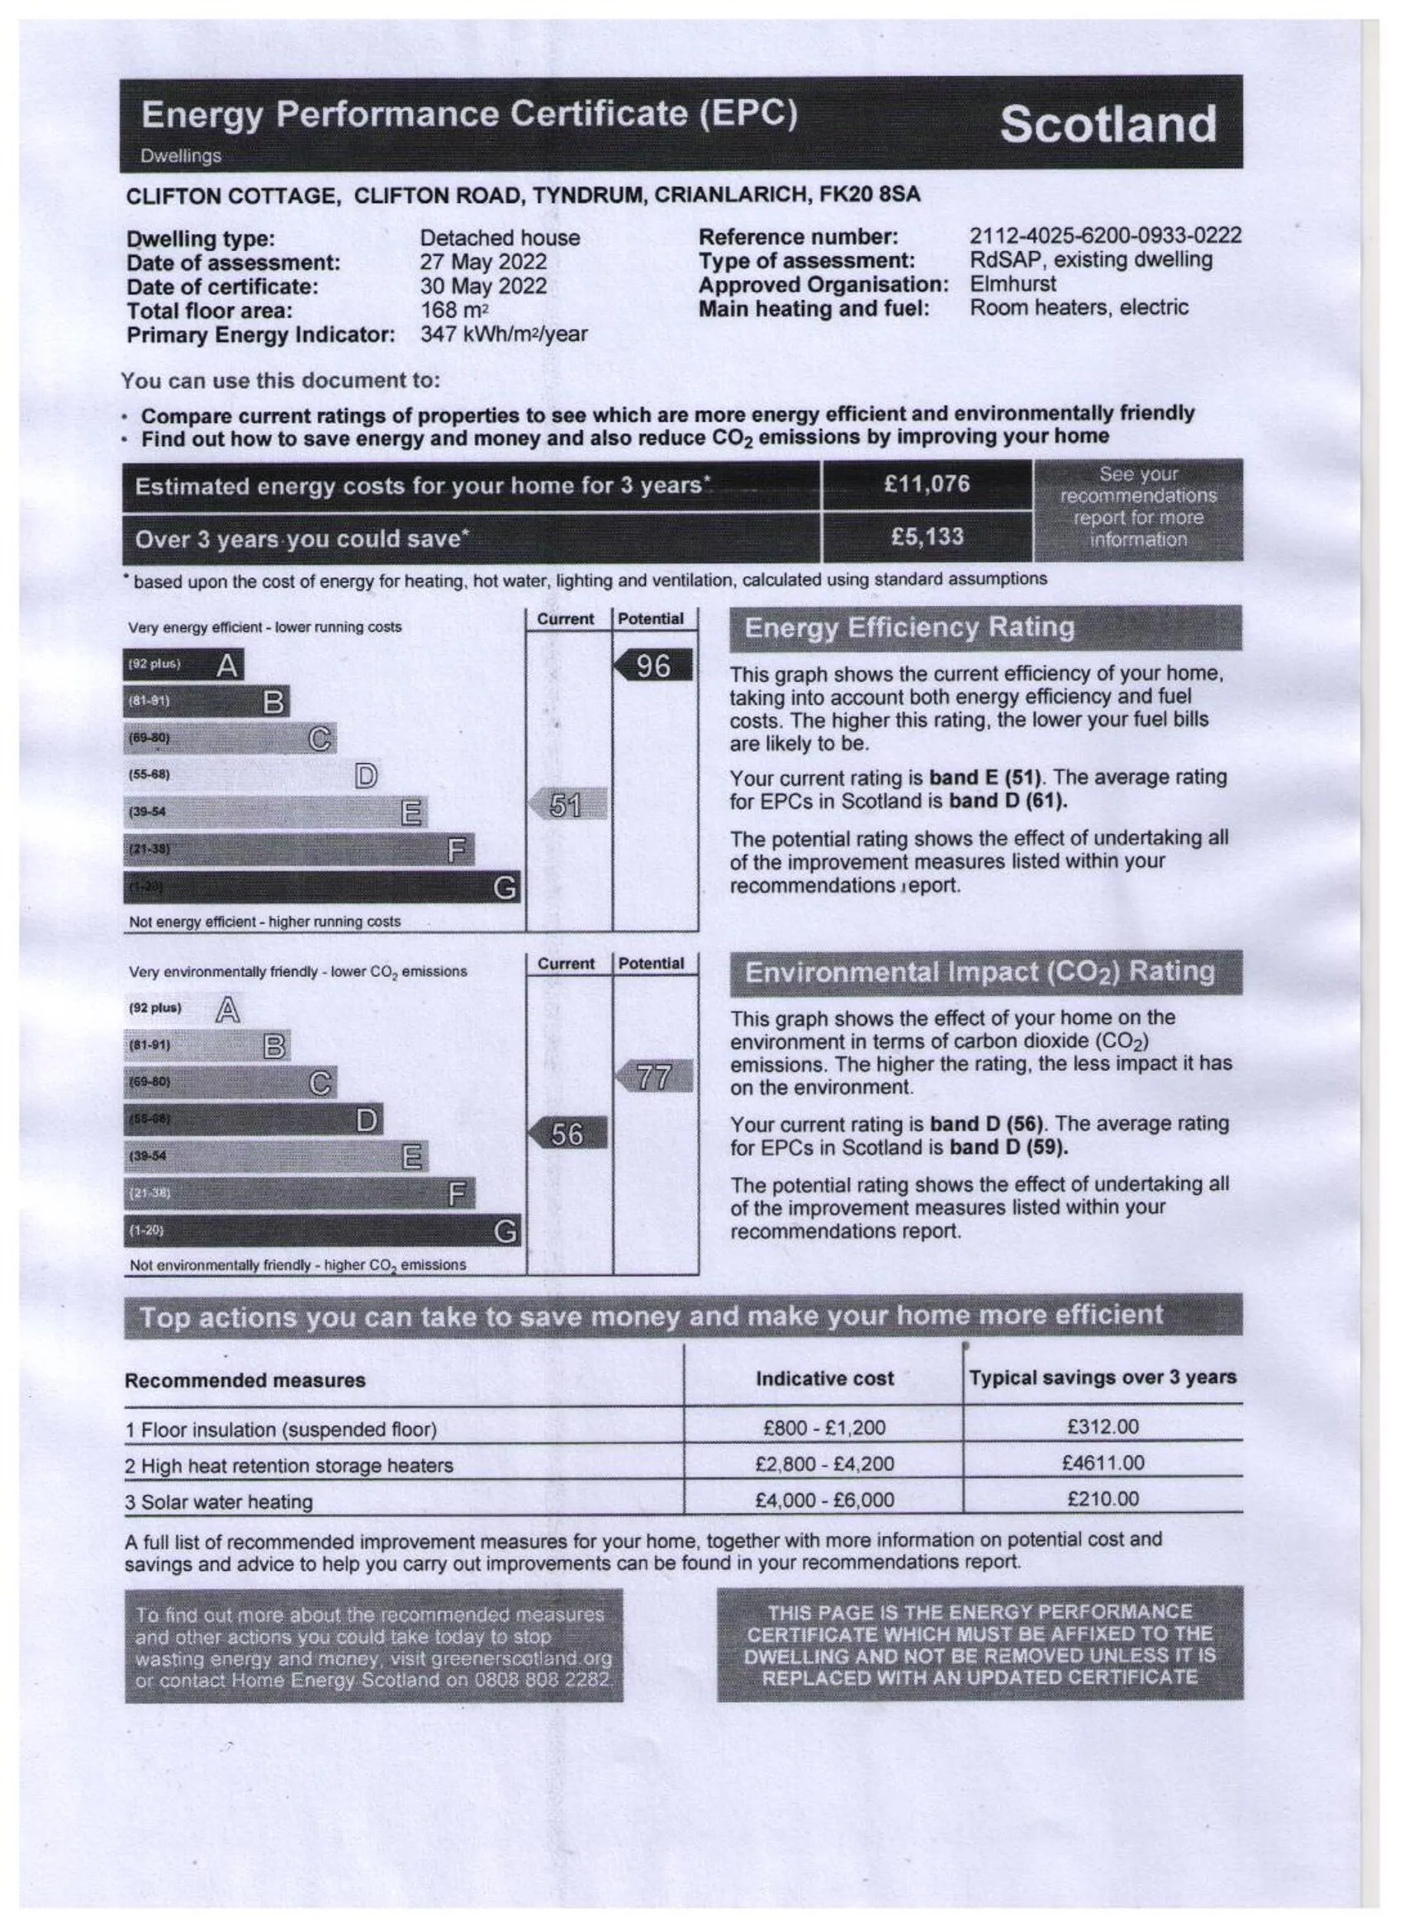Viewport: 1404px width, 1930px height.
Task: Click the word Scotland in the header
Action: click(x=1107, y=124)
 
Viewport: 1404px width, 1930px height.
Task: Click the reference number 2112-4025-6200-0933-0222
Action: click(x=1104, y=235)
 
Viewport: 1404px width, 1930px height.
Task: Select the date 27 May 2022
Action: click(x=482, y=262)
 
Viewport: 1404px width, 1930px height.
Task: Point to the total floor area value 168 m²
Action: click(x=453, y=311)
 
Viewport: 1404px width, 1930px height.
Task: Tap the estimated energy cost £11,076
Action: click(x=926, y=484)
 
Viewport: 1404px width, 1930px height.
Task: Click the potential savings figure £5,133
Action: click(x=926, y=537)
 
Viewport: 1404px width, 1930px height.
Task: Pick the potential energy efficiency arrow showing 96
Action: click(x=652, y=666)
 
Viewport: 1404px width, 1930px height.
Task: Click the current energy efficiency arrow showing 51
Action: click(x=567, y=804)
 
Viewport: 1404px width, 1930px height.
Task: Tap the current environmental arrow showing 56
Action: click(x=567, y=1134)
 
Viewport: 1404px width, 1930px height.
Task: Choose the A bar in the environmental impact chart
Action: click(x=184, y=1009)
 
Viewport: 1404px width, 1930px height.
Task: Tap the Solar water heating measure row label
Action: click(x=219, y=1502)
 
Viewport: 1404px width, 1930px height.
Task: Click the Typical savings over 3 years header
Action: click(x=1102, y=1377)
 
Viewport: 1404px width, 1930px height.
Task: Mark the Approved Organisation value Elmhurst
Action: click(x=1012, y=283)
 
